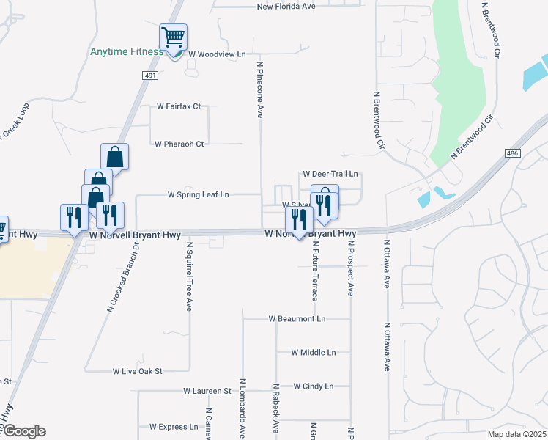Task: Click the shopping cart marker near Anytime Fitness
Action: point(174,37)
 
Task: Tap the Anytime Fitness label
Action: point(127,52)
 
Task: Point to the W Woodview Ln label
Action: point(217,54)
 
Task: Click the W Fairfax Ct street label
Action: point(179,106)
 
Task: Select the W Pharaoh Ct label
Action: point(179,144)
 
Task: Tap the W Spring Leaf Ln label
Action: point(199,194)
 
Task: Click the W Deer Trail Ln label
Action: point(330,175)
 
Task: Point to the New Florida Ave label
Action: point(286,7)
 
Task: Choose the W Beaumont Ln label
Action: point(297,319)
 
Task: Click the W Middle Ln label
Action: point(313,352)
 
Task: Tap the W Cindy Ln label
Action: point(313,386)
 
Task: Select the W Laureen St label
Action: point(207,391)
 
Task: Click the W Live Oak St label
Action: point(137,372)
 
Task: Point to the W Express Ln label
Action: point(174,426)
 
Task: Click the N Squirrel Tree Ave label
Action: point(188,277)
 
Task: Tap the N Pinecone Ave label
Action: point(259,89)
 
